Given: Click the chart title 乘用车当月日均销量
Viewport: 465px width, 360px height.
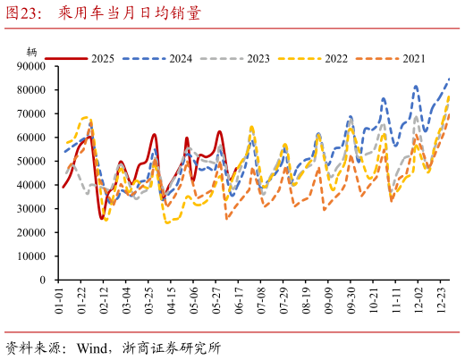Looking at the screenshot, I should point(130,13).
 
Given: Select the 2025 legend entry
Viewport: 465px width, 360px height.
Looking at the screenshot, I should point(102,58).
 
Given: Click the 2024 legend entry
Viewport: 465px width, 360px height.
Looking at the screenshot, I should point(180,58).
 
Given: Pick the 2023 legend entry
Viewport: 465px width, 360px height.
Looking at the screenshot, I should point(258,58).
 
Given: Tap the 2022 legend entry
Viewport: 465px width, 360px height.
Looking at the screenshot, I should point(335,58).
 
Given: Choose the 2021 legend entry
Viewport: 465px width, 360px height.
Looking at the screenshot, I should point(413,58).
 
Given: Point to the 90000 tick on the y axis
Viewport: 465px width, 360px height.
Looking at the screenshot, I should point(31,66).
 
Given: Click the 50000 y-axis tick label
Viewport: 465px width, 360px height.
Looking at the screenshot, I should point(31,162).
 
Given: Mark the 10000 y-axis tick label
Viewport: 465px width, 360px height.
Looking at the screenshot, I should point(31,256).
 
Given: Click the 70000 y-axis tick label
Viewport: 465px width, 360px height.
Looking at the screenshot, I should point(31,114).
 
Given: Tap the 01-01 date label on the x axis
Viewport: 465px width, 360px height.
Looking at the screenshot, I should point(59,300).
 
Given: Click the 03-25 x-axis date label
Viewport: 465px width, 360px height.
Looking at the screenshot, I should point(149,300).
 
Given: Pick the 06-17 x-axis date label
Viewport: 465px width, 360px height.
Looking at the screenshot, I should point(239,300).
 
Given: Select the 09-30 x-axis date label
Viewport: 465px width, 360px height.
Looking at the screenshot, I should point(351,300).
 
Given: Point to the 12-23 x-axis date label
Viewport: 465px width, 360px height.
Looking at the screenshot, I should point(441,300).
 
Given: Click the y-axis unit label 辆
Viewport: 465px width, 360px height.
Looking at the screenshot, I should point(32,52).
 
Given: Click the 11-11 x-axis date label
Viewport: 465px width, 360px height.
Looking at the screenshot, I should point(396,300).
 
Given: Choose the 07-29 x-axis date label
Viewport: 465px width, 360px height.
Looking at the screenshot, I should point(283,300).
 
